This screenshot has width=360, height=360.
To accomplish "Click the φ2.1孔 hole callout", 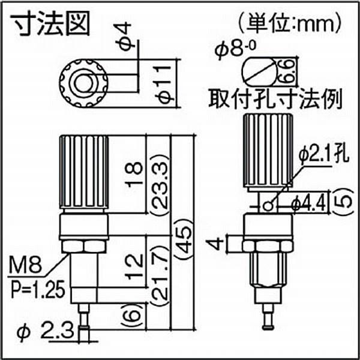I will pos(322,156).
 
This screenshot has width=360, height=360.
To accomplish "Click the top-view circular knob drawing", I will pos(83,80).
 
